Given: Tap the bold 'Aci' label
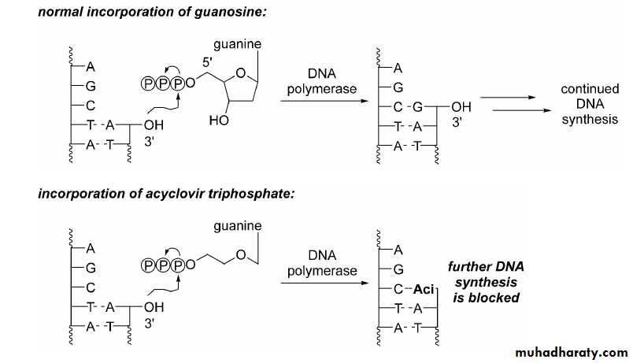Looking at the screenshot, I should click(424, 287).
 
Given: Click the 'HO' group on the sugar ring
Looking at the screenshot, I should click(219, 122).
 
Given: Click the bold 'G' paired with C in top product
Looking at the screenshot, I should click(420, 106).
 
